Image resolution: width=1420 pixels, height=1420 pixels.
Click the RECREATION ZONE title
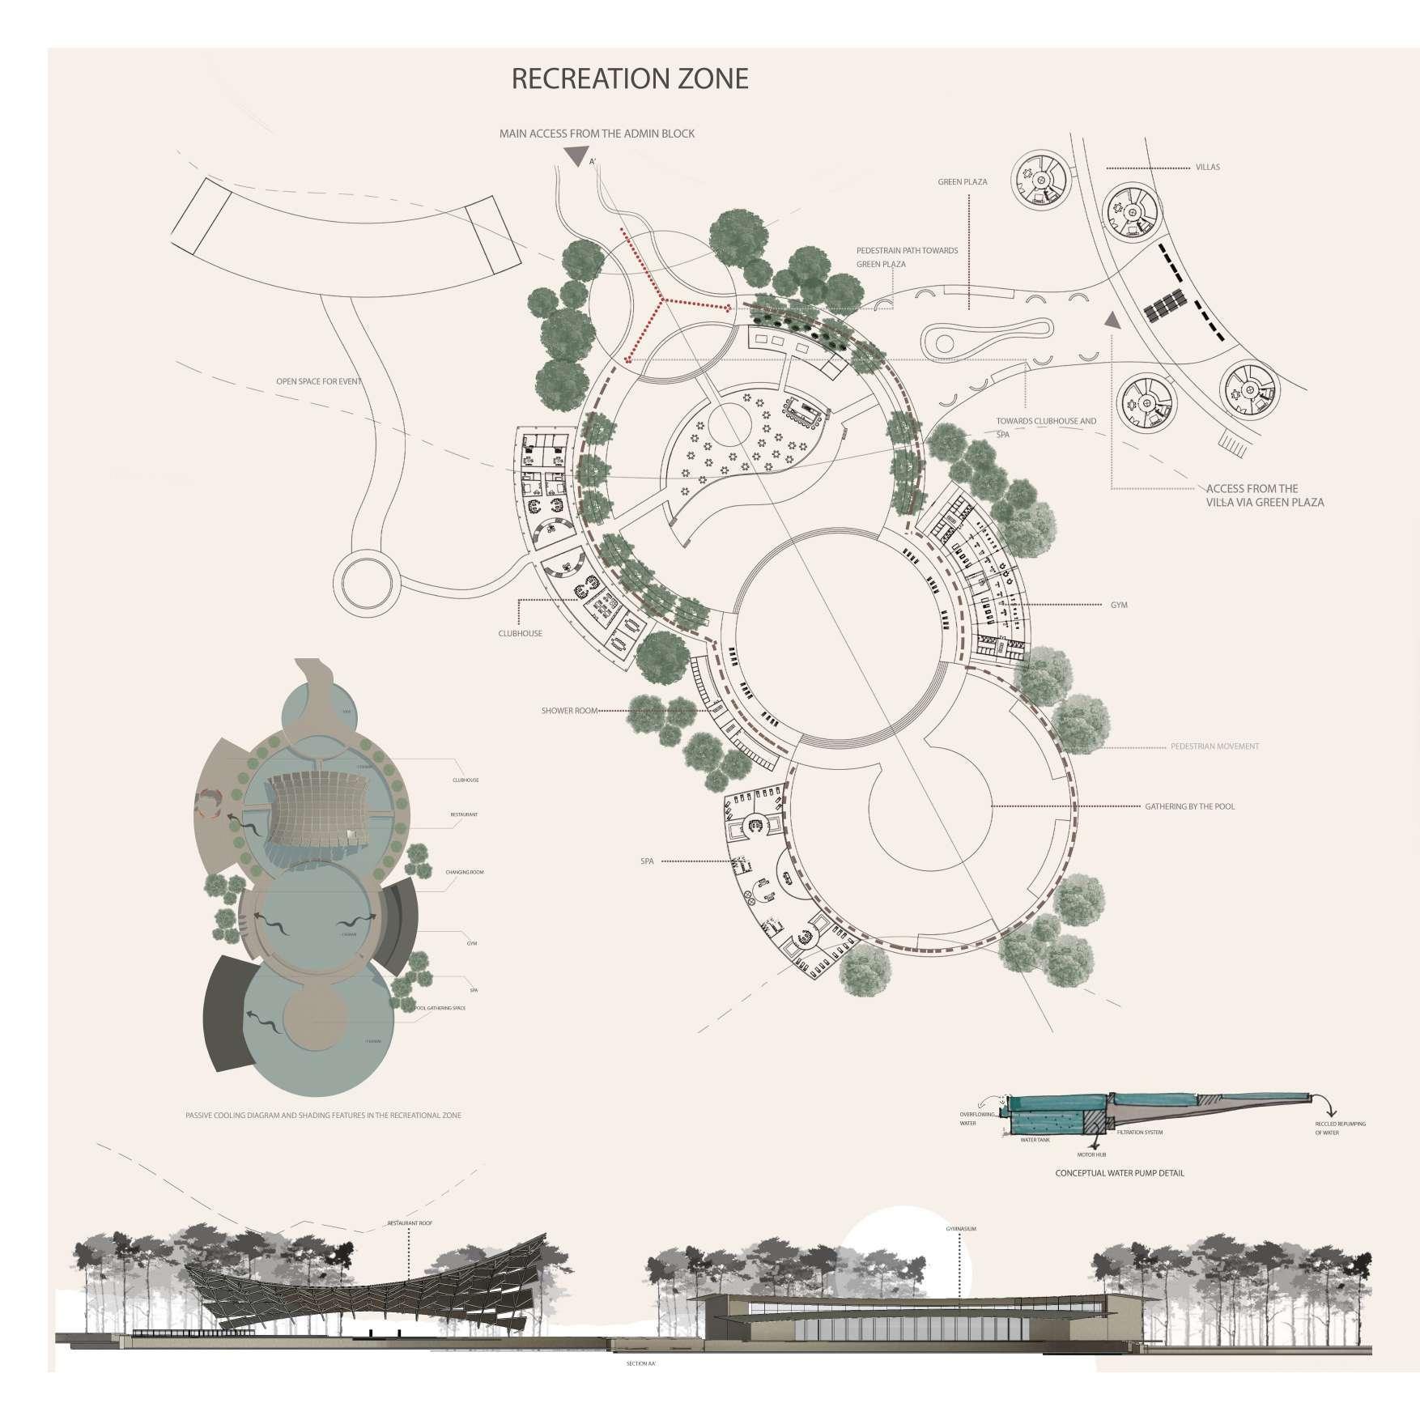pos(630,79)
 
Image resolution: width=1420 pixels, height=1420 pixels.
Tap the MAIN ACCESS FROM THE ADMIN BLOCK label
pos(597,134)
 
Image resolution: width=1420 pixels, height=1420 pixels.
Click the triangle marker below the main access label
pos(576,156)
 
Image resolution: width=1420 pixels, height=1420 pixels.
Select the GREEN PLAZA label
pos(963,182)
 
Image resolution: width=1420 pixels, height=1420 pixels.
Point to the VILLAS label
pos(1207,168)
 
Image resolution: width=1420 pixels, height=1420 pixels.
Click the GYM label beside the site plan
pos(1119,605)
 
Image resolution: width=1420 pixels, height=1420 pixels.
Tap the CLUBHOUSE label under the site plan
pos(520,633)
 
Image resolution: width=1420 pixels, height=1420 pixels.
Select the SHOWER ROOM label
pos(569,711)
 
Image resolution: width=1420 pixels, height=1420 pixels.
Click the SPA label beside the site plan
pos(647,861)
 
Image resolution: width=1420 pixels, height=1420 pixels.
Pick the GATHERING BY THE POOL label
pos(1189,806)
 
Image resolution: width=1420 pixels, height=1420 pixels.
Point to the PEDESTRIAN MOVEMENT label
pos(1214,746)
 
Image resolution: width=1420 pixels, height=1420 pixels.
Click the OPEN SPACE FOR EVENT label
pos(318,381)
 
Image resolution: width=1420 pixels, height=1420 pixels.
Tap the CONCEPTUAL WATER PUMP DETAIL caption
pos(1119,1173)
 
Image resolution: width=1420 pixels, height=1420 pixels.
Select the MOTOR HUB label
pos(1091,1154)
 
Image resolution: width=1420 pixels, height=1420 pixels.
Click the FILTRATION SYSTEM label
pos(1140,1132)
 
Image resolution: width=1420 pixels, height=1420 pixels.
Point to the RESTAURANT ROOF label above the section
pos(410,1223)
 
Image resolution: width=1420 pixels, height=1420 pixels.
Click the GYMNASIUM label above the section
pos(961,1229)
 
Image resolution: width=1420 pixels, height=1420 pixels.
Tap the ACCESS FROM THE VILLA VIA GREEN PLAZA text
pos(1264,495)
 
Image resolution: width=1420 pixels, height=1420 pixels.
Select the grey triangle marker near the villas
pos(1113,320)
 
